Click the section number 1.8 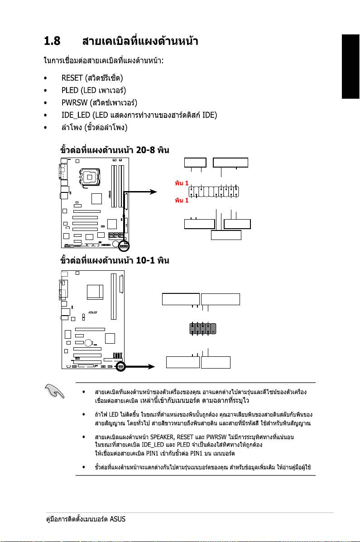click(x=52, y=42)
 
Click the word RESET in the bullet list click(x=72, y=78)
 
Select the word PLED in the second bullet click(x=70, y=90)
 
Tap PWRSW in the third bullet click(x=74, y=102)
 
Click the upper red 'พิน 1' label click(x=181, y=184)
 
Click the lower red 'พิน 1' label click(x=181, y=200)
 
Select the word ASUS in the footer click(x=117, y=519)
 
